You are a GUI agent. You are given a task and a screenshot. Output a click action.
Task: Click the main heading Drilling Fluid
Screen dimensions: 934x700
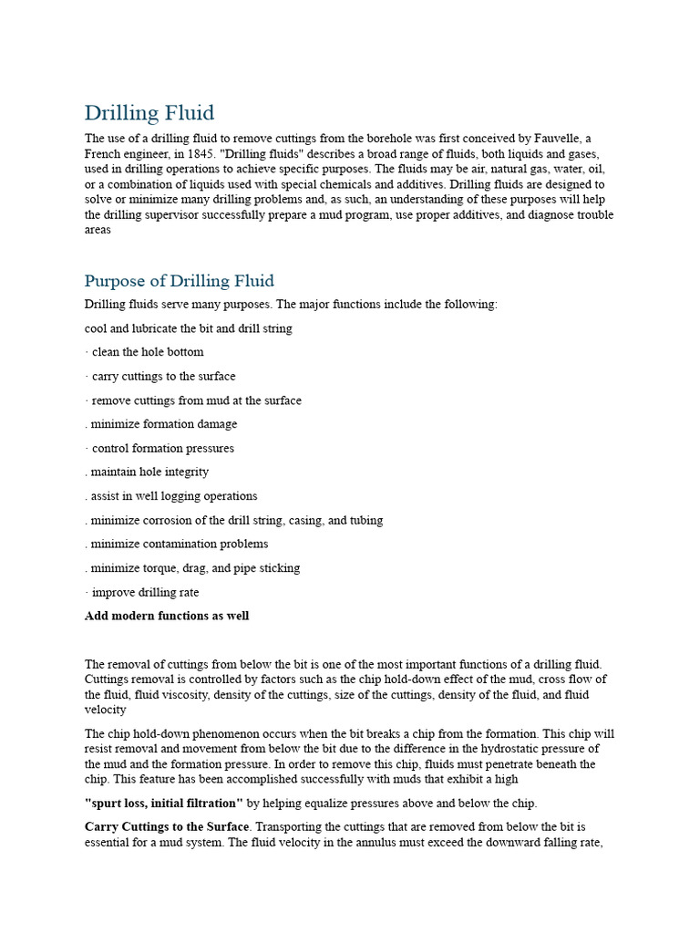tap(149, 113)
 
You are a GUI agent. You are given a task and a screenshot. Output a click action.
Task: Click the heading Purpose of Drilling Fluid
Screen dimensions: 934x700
tap(179, 281)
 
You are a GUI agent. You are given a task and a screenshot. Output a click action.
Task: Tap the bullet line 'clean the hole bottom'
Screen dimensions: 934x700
tap(147, 352)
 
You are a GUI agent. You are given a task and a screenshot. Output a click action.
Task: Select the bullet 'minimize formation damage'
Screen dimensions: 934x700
tap(163, 424)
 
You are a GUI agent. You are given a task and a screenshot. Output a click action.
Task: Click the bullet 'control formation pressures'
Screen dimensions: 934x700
tap(162, 448)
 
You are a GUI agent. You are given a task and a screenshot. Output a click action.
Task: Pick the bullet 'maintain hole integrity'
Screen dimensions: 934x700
tap(149, 472)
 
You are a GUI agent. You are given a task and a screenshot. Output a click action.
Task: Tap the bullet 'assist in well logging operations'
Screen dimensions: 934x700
tap(173, 496)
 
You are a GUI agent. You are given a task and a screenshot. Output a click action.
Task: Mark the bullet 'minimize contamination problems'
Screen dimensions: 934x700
tap(179, 544)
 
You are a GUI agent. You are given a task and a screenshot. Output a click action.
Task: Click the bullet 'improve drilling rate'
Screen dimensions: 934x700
tap(145, 592)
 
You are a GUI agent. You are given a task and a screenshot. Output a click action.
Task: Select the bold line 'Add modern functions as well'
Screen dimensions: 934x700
tap(167, 616)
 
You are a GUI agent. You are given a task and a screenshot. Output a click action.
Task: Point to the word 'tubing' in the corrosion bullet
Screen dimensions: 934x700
tap(365, 520)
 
